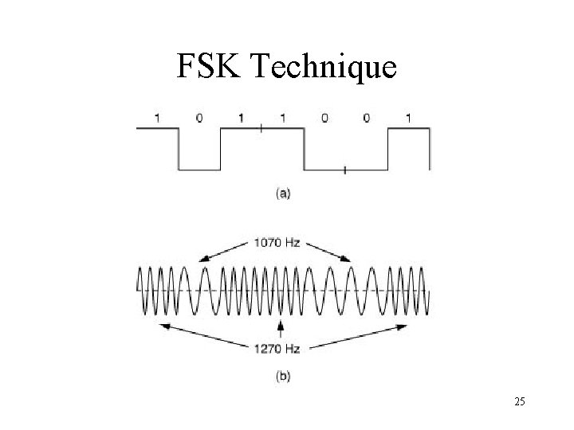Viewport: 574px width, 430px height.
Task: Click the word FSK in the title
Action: (210, 68)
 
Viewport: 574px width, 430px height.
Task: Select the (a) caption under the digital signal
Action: (282, 192)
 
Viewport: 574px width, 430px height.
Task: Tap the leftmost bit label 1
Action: (157, 118)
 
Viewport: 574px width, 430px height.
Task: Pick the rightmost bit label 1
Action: (409, 118)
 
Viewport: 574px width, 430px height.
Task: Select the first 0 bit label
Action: (199, 118)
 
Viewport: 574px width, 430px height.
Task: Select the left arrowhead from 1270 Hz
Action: (164, 326)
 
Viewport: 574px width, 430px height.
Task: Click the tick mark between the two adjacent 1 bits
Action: (261, 127)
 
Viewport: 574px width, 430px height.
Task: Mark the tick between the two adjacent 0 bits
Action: (344, 169)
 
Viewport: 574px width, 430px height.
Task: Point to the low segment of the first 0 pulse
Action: (199, 169)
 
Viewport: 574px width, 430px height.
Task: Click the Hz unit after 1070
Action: (292, 242)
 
